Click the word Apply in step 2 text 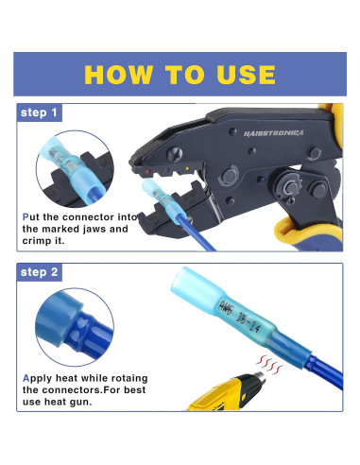click(x=39, y=378)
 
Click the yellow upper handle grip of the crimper click(x=333, y=128)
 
